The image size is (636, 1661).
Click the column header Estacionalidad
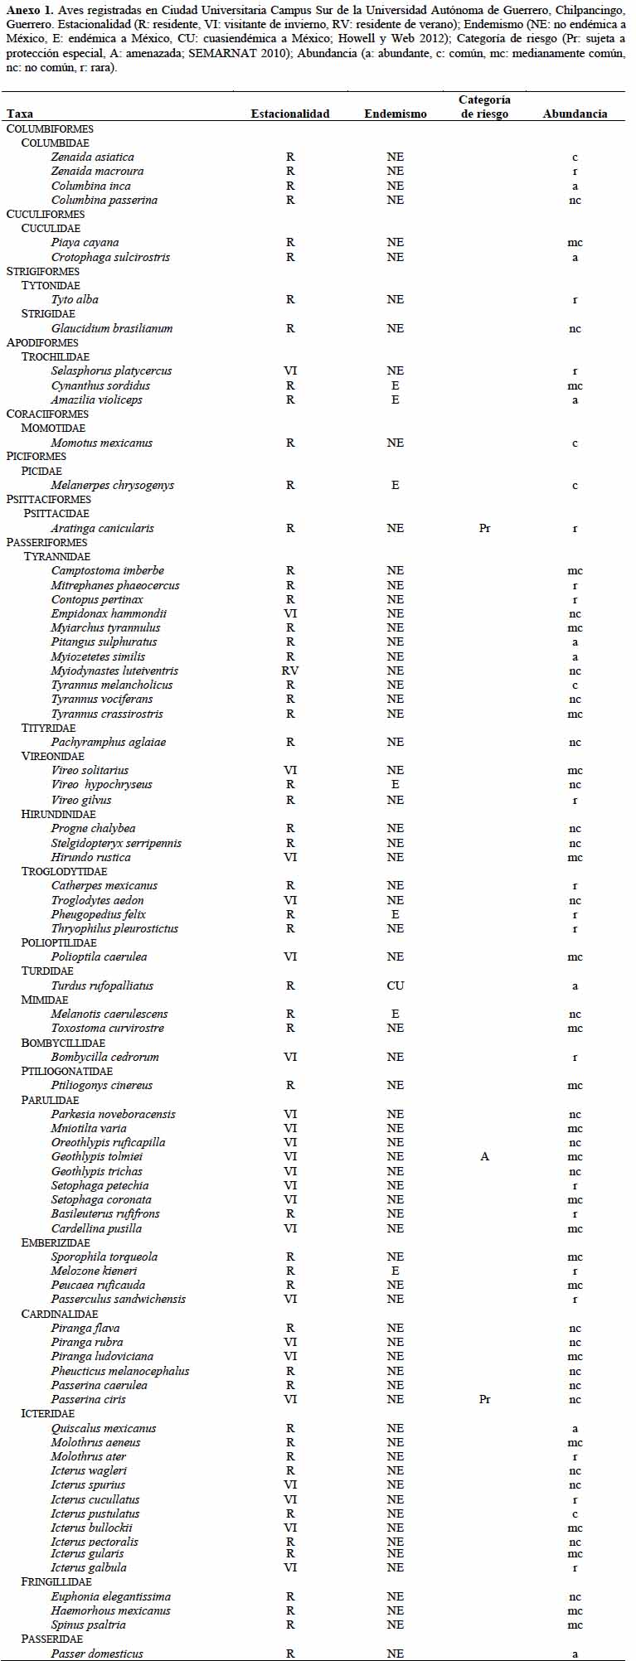(x=289, y=114)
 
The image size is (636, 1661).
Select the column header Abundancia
(x=575, y=114)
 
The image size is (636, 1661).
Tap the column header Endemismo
(x=396, y=114)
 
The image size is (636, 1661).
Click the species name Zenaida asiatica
(x=92, y=157)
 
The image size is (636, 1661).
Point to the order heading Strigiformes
(x=43, y=271)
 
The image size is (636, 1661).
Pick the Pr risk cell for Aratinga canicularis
(x=485, y=528)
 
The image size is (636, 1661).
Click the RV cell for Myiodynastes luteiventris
(x=290, y=671)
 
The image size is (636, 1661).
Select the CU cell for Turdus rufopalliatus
(x=396, y=985)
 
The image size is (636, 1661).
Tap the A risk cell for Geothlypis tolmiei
(x=485, y=1156)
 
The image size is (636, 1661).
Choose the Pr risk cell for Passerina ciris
(x=485, y=1399)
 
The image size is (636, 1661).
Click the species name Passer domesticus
(x=97, y=1654)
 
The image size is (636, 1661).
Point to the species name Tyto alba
(x=75, y=299)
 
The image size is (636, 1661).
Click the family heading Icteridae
(x=48, y=1413)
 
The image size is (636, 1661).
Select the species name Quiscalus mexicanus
(x=104, y=1428)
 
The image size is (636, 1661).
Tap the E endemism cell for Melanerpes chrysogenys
(x=396, y=485)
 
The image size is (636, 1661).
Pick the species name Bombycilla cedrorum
(x=105, y=1057)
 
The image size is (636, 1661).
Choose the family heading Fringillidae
(x=56, y=1582)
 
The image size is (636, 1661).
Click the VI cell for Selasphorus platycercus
(x=290, y=370)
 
